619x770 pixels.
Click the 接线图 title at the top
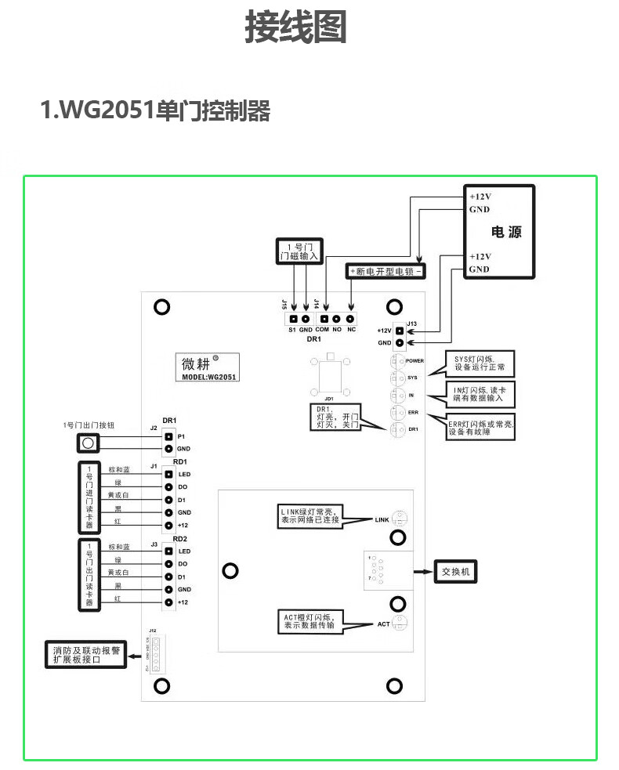pyautogui.click(x=295, y=28)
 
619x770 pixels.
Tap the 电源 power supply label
pyautogui.click(x=505, y=232)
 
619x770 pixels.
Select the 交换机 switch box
pyautogui.click(x=455, y=571)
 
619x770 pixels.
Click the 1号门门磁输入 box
pyautogui.click(x=299, y=251)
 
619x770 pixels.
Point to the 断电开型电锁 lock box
pyautogui.click(x=386, y=271)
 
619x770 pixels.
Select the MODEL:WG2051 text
pyautogui.click(x=209, y=377)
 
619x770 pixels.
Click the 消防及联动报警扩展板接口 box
pyautogui.click(x=86, y=656)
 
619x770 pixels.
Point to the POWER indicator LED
pyautogui.click(x=397, y=360)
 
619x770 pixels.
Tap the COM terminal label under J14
pyautogui.click(x=321, y=330)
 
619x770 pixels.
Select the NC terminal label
pyautogui.click(x=351, y=330)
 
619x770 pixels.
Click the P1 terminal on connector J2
pyautogui.click(x=168, y=436)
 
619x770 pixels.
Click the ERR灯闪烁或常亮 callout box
pyautogui.click(x=480, y=428)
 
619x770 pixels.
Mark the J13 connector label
pyautogui.click(x=412, y=322)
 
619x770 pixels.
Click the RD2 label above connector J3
pyautogui.click(x=179, y=539)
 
